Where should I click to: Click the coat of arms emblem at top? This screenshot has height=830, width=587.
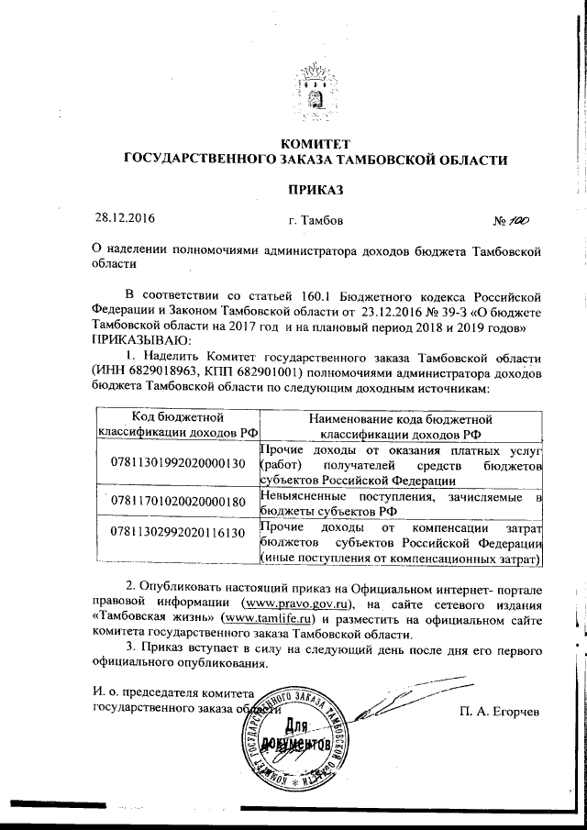tap(316, 91)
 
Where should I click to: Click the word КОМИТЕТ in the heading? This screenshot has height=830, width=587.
tap(316, 143)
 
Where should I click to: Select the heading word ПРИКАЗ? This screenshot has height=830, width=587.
tap(316, 188)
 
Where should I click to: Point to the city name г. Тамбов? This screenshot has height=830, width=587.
tap(316, 222)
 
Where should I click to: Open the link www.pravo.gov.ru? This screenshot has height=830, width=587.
tap(296, 603)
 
